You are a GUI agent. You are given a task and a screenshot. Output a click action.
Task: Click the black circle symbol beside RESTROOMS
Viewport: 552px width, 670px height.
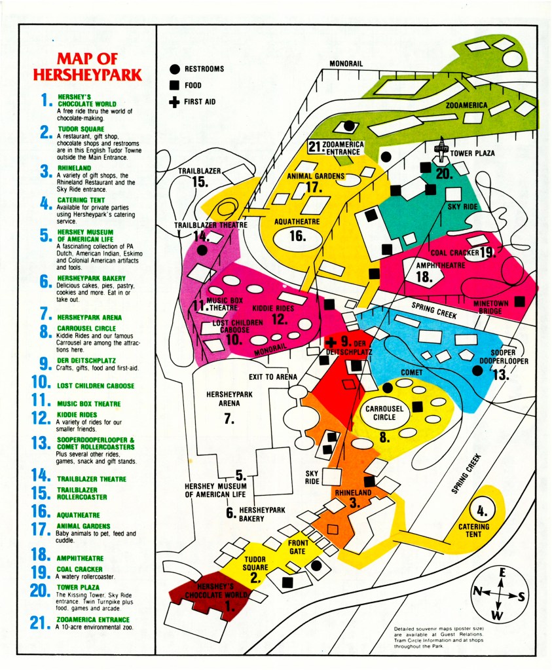point(175,69)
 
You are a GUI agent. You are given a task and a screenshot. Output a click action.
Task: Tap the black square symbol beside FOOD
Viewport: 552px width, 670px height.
point(175,85)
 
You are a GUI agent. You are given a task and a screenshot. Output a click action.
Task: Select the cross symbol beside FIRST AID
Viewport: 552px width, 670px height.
point(175,102)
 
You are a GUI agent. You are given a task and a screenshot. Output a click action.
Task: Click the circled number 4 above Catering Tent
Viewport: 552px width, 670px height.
point(482,510)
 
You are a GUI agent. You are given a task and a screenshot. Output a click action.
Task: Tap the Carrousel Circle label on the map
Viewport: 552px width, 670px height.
point(384,413)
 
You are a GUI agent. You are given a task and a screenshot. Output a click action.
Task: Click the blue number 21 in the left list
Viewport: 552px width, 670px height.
point(43,622)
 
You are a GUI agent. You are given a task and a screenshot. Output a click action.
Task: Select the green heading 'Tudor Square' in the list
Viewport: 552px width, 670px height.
point(78,129)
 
